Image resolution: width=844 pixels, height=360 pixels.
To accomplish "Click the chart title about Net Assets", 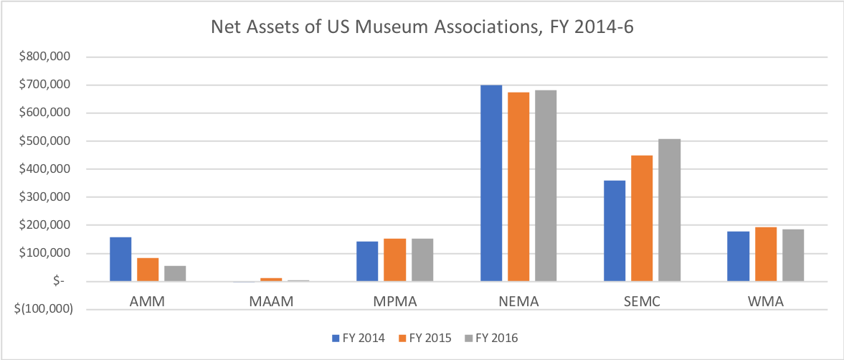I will click(x=422, y=28).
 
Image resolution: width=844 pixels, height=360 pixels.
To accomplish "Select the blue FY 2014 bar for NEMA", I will click(x=491, y=183).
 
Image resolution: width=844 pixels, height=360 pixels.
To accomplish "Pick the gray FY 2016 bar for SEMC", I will click(x=669, y=210).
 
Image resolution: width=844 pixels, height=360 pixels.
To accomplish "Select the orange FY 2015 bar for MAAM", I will click(x=271, y=280).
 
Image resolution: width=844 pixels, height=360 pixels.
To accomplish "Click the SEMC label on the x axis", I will click(x=641, y=302).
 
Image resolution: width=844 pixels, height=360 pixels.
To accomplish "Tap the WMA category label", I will click(x=765, y=302).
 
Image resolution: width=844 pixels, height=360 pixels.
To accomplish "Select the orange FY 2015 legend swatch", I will click(x=402, y=338).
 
